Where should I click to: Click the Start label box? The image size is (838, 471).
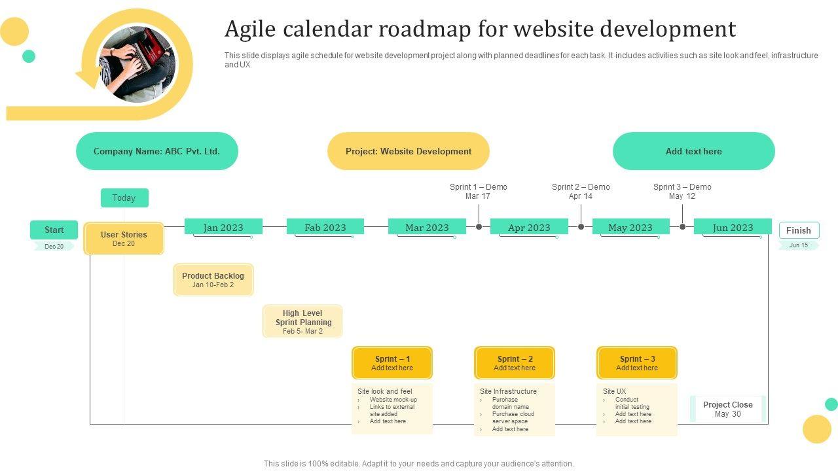[54, 230]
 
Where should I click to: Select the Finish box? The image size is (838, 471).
[799, 230]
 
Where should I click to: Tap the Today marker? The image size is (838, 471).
[124, 198]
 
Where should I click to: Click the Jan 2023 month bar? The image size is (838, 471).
[223, 227]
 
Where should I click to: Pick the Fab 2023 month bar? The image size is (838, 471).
[325, 227]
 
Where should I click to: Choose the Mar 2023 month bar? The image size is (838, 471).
[427, 227]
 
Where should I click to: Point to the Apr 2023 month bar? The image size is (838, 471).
[529, 227]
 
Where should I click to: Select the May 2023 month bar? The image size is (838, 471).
[630, 227]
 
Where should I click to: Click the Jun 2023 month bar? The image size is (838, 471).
[733, 227]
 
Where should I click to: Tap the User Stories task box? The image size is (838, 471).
[124, 238]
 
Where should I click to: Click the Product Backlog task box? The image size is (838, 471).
[213, 280]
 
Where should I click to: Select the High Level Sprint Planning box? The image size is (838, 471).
[302, 321]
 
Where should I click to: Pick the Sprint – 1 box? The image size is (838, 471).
[392, 363]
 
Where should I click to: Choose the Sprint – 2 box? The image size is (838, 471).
[515, 363]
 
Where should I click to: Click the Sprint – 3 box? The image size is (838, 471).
[637, 363]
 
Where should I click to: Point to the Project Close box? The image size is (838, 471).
[728, 409]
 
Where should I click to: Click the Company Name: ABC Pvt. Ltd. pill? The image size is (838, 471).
[157, 151]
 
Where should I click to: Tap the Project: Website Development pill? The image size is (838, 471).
[409, 151]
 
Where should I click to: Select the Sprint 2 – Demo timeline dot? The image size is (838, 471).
[581, 227]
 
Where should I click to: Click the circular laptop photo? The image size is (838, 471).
[137, 64]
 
